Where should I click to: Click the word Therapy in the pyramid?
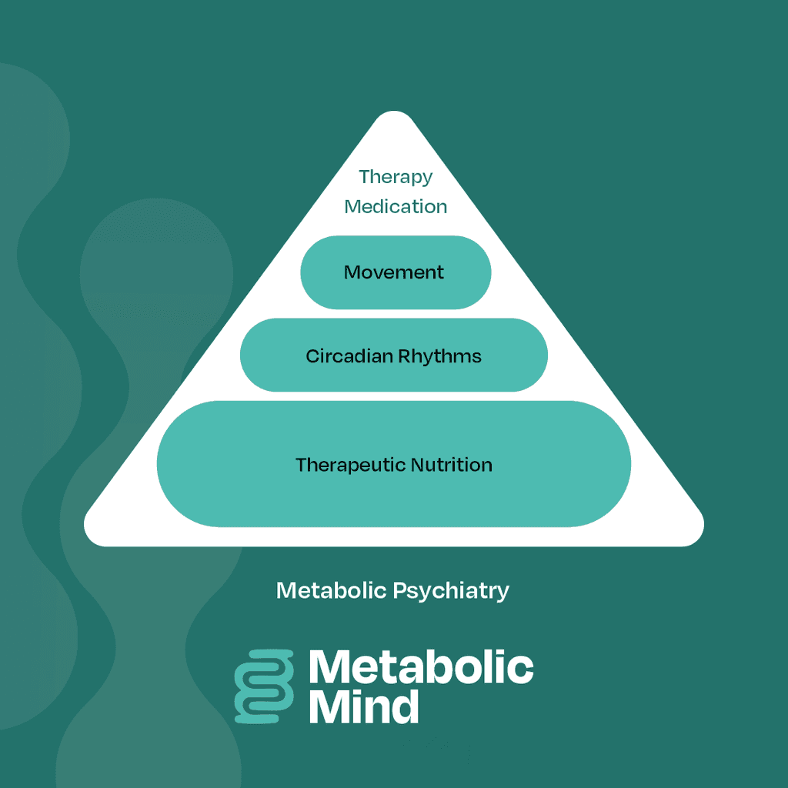tap(396, 178)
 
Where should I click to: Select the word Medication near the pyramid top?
tap(396, 206)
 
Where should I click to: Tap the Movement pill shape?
tap(396, 272)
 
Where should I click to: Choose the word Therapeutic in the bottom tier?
tap(351, 466)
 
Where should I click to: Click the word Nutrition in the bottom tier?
tap(452, 465)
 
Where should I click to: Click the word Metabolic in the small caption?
tap(332, 590)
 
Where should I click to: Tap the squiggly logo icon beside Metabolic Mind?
tap(265, 686)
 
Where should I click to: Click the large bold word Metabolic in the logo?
tap(421, 666)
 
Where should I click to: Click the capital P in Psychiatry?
tap(399, 590)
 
